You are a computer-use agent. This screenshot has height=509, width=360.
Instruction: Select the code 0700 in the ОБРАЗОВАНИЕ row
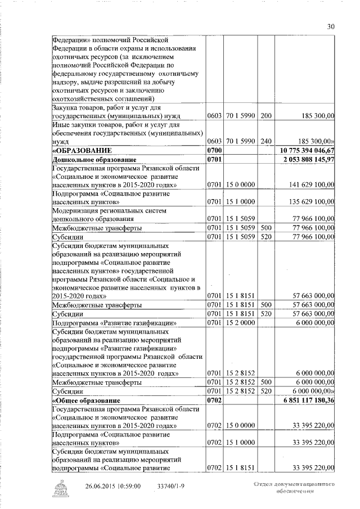click(214, 151)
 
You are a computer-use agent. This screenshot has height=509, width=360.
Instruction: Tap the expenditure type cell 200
click(266, 115)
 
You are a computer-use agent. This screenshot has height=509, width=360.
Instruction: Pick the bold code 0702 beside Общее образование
click(214, 400)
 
